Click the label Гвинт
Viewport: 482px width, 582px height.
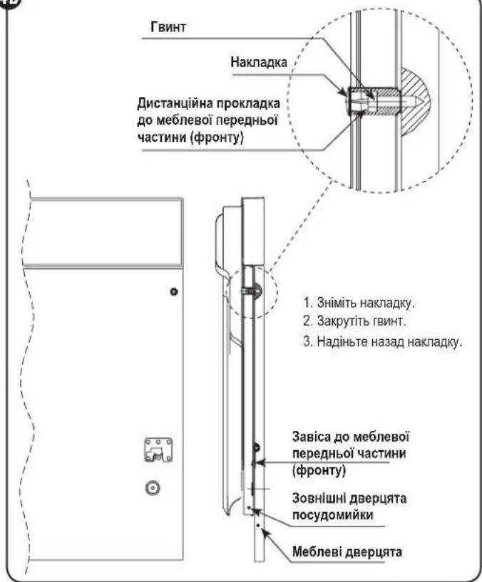click(168, 27)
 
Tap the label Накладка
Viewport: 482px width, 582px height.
click(259, 61)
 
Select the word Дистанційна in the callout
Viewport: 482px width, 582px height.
click(175, 103)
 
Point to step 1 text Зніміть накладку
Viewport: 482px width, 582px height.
click(358, 303)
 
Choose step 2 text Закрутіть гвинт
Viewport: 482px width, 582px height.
click(354, 321)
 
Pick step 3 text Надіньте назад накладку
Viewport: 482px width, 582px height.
click(382, 341)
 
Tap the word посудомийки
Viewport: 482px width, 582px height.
click(332, 515)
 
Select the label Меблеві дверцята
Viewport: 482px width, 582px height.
click(347, 551)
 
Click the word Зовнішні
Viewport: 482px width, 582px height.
click(319, 498)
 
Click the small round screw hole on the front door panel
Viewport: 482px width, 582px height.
click(173, 292)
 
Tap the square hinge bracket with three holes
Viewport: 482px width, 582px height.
click(158, 450)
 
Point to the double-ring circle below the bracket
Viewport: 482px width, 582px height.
click(153, 488)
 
